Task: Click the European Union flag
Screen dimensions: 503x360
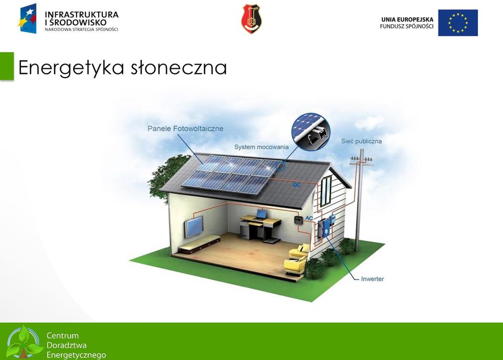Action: pyautogui.click(x=458, y=23)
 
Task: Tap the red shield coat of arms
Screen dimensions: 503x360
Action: pyautogui.click(x=251, y=18)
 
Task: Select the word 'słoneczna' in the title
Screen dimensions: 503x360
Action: pyautogui.click(x=179, y=67)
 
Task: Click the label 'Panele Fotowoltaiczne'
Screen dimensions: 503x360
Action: pyautogui.click(x=186, y=129)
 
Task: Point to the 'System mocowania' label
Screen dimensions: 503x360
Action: pyautogui.click(x=261, y=147)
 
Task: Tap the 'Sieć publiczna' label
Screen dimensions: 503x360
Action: pyautogui.click(x=361, y=141)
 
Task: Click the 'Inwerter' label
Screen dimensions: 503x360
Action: pyautogui.click(x=372, y=279)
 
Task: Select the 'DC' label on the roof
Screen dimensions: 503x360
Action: pyautogui.click(x=297, y=185)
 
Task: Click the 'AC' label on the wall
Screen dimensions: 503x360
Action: pyautogui.click(x=308, y=218)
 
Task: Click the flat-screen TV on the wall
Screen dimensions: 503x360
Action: pyautogui.click(x=194, y=227)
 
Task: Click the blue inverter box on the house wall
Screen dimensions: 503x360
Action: pyautogui.click(x=326, y=227)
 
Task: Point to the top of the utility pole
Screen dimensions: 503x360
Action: pyautogui.click(x=361, y=150)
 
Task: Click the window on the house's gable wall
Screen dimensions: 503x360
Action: pyautogui.click(x=326, y=191)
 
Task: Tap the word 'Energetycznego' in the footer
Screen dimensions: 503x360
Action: pyautogui.click(x=77, y=355)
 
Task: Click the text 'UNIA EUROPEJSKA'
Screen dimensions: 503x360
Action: pyautogui.click(x=408, y=19)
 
